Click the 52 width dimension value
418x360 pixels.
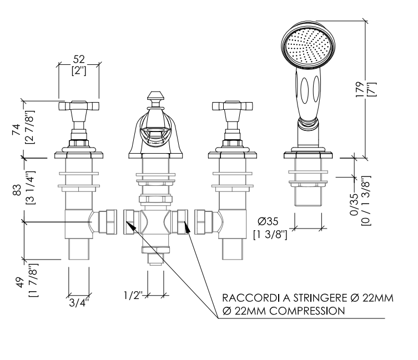coord(79,59)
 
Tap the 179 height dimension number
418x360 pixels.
coord(360,89)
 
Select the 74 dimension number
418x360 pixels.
coord(16,129)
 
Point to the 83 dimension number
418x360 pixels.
coord(17,190)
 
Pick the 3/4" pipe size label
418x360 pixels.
coord(79,303)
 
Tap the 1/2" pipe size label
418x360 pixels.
coord(133,295)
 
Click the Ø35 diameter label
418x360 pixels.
coord(268,221)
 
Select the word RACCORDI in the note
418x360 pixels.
coord(251,298)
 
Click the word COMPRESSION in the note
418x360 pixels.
coord(306,311)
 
